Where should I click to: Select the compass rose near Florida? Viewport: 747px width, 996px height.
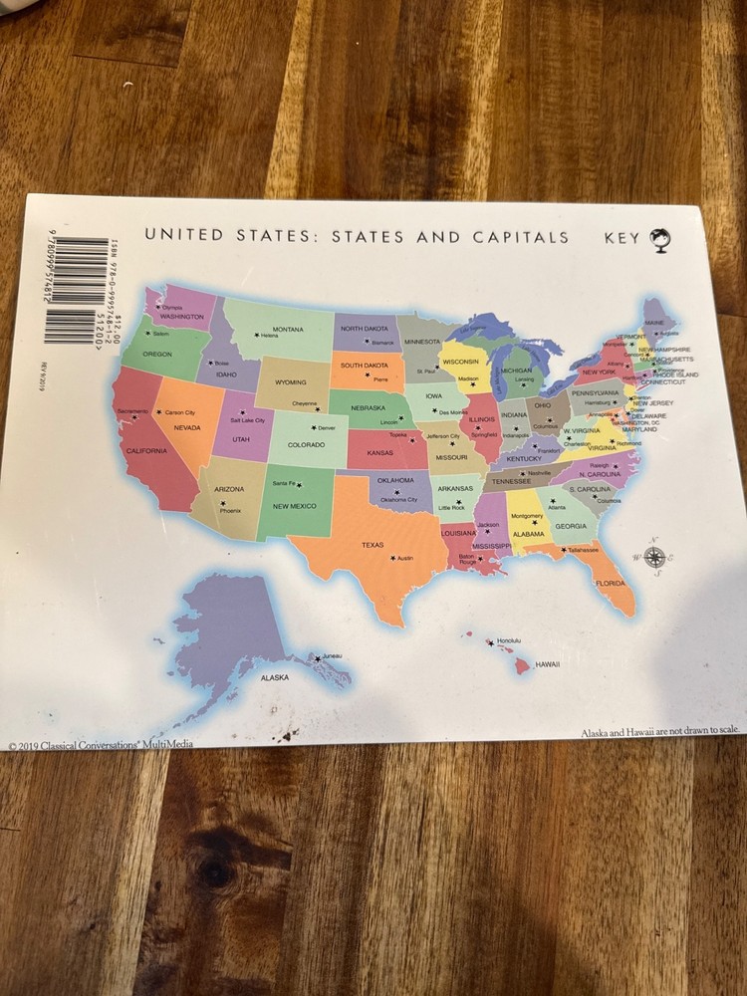(653, 556)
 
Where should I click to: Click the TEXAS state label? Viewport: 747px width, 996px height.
(372, 545)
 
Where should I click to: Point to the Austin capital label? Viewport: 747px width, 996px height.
(403, 559)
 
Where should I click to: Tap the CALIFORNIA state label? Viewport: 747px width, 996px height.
(146, 451)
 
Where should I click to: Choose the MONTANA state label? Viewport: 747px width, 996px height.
(288, 330)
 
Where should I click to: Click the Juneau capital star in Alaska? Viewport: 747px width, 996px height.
(318, 658)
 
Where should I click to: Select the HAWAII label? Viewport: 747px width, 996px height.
(547, 664)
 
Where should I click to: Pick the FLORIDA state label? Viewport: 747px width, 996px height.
(610, 583)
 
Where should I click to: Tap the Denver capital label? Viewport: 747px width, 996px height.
(327, 428)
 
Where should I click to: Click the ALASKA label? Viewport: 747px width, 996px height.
(274, 677)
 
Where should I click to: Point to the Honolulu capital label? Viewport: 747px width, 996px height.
(508, 640)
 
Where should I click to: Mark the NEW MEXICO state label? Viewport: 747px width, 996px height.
(295, 506)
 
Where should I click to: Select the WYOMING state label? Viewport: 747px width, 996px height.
(291, 382)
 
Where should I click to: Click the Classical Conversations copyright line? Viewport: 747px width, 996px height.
(100, 745)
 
